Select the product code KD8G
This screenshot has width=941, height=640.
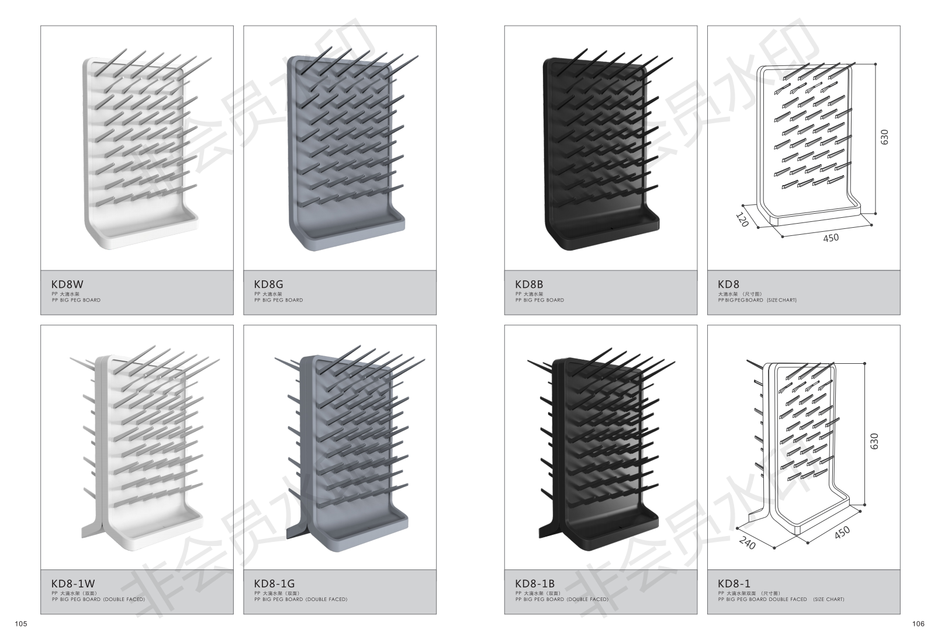click(268, 285)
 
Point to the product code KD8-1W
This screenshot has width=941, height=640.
click(72, 583)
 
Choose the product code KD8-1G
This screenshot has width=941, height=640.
click(274, 583)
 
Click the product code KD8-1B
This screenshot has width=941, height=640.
click(535, 583)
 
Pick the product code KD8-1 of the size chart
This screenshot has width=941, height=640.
click(734, 583)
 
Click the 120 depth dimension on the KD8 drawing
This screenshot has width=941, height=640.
click(742, 220)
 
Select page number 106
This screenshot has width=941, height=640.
click(918, 624)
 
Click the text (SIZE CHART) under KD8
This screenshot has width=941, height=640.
click(781, 300)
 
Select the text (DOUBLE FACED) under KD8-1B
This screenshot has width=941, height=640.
click(588, 599)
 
